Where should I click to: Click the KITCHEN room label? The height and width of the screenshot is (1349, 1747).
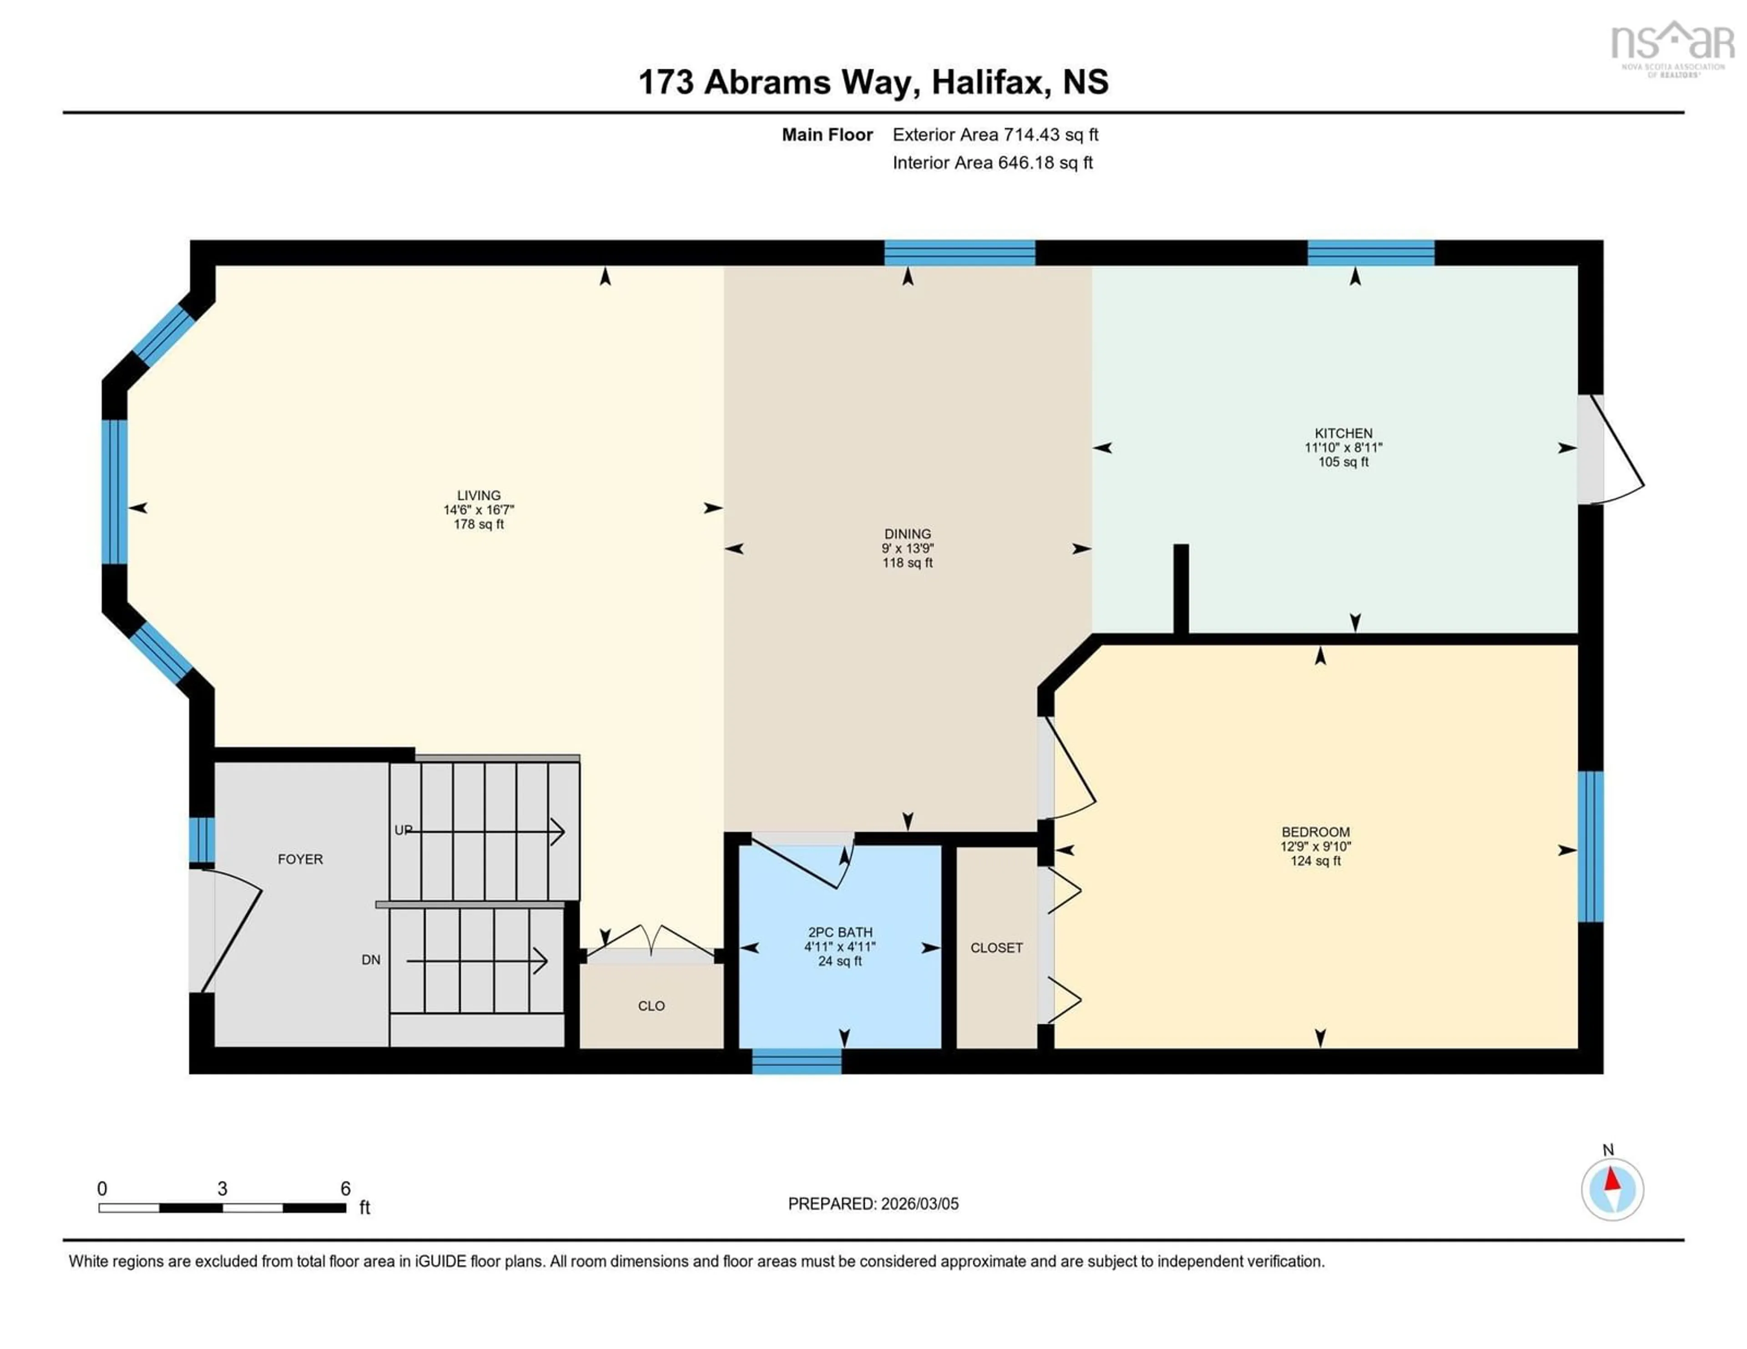[1343, 433]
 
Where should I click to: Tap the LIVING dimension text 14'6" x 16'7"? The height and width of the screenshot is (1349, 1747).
[478, 509]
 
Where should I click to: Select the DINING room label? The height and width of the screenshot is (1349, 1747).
[907, 534]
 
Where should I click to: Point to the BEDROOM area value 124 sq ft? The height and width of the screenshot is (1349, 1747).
[1315, 861]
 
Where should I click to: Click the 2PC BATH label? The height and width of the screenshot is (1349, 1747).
[840, 931]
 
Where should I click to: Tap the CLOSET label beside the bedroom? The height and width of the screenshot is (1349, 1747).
[996, 947]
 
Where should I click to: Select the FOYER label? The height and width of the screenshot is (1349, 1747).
[300, 859]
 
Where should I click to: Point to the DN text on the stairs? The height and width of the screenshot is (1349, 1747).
[370, 960]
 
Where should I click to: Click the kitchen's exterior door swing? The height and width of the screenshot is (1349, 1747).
[1616, 464]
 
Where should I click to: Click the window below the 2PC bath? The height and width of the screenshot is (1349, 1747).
[797, 1061]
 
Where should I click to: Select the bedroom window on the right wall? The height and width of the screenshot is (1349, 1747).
[1590, 846]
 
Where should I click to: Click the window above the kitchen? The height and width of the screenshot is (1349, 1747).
[1370, 253]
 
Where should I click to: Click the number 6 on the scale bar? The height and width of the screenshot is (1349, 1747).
[346, 1188]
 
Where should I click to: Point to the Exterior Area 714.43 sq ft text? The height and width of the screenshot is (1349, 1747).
[995, 134]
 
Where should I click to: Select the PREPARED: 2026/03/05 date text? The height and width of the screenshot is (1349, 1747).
[873, 1203]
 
